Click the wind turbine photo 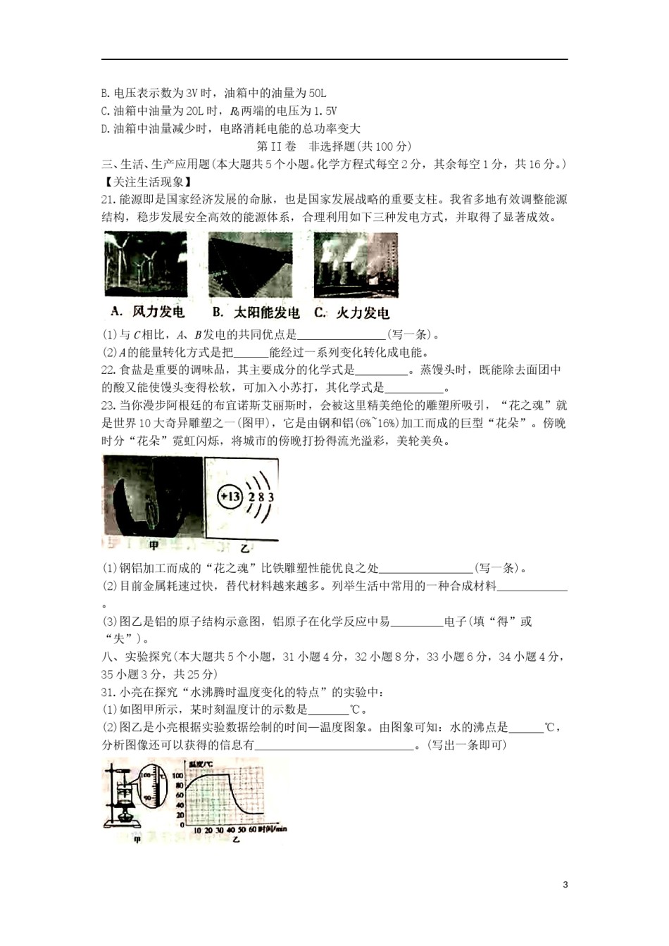click(x=146, y=264)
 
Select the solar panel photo click(x=250, y=264)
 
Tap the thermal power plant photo click(x=356, y=264)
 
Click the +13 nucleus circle click(x=230, y=496)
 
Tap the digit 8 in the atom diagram click(x=260, y=497)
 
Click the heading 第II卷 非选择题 click(x=334, y=146)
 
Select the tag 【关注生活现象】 click(x=137, y=182)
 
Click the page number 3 click(x=565, y=885)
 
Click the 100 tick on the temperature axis click(x=179, y=775)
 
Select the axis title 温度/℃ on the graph click(x=190, y=764)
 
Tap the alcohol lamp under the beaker click(x=127, y=818)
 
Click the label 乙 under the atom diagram click(x=244, y=548)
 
